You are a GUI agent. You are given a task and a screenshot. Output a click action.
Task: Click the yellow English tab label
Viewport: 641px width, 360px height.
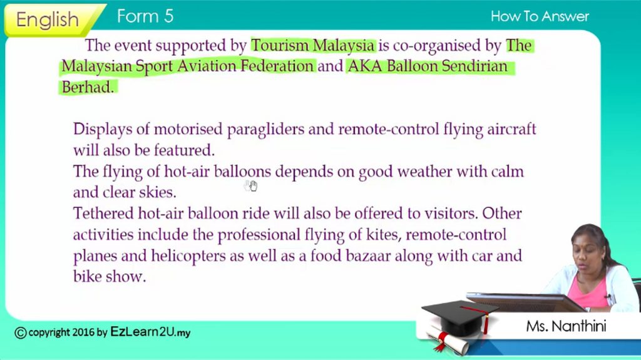coord(48,19)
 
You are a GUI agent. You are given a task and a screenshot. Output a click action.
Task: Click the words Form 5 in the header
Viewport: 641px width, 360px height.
coord(145,16)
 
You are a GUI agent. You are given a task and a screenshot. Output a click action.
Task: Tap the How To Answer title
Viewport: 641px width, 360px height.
coord(540,16)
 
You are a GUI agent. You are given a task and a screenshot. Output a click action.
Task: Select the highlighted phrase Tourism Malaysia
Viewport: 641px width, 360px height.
coord(313,46)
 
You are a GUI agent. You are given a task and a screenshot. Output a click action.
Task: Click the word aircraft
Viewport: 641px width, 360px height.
coord(511,129)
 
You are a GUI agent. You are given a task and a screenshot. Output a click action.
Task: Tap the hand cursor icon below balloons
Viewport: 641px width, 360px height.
coord(250,186)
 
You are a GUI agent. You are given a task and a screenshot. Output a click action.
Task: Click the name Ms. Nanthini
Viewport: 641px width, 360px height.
coord(566,326)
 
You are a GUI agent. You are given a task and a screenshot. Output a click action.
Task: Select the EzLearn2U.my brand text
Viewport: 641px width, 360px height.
coord(150,332)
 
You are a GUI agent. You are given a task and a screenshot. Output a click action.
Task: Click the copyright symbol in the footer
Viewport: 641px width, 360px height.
coord(21,332)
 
